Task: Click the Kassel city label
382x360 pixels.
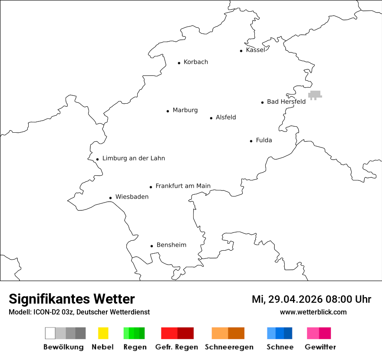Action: pos(255,50)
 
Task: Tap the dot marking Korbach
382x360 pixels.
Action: pos(179,63)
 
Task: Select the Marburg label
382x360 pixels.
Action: pos(185,110)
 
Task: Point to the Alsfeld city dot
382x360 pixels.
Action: pos(211,118)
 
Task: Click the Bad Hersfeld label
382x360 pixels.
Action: pos(286,101)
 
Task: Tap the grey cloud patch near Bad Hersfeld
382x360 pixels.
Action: pos(315,95)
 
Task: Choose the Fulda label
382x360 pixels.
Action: pos(264,140)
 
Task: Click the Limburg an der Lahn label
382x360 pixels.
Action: pos(134,158)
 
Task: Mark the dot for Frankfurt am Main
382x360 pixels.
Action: pos(151,187)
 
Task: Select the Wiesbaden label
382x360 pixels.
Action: pos(132,197)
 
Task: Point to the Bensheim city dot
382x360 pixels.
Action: pos(151,246)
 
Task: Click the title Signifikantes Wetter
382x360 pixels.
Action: pos(72,299)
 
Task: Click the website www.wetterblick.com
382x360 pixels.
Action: pos(313,312)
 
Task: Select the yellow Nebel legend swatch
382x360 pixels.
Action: pos(103,333)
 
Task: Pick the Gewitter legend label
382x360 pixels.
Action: pos(320,347)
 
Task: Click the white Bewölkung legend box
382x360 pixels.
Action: pos(50,333)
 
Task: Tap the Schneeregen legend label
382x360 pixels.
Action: pos(229,347)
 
